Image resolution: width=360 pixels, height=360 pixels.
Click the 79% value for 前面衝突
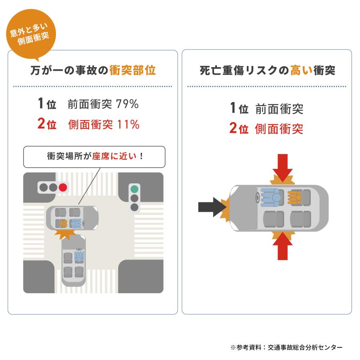pyautogui.click(x=127, y=104)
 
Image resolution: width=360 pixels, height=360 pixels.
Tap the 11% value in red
pyautogui.click(x=128, y=124)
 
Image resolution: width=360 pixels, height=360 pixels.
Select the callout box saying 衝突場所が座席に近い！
pyautogui.click(x=94, y=156)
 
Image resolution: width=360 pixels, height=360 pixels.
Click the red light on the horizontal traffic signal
pyautogui.click(x=62, y=187)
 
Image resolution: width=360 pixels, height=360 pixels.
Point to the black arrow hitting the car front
pyautogui.click(x=210, y=206)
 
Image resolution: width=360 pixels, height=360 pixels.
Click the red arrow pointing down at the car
pyautogui.click(x=284, y=167)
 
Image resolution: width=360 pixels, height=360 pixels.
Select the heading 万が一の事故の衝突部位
pyautogui.click(x=93, y=71)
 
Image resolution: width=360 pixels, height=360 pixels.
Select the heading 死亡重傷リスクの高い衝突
pyautogui.click(x=267, y=71)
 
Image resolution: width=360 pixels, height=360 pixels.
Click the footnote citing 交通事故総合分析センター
pyautogui.click(x=286, y=347)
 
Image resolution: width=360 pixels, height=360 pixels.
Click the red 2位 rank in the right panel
pyautogui.click(x=239, y=129)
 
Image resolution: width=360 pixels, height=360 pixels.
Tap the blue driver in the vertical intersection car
pyautogui.click(x=79, y=256)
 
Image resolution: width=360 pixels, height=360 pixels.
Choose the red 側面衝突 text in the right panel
pyautogui.click(x=279, y=129)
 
